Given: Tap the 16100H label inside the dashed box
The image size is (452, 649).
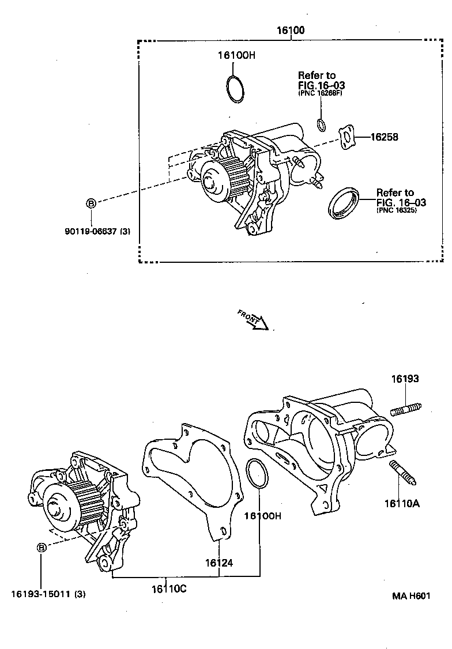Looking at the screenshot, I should [236, 56].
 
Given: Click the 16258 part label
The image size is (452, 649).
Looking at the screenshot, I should [384, 137].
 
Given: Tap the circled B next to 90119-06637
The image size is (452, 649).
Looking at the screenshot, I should [91, 203].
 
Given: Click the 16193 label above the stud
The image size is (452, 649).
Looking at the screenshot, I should [405, 379].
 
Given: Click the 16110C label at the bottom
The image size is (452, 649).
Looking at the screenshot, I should [169, 588].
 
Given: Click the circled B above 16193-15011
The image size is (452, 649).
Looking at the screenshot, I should [42, 548].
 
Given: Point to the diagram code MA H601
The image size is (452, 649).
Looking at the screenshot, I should [412, 596].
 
